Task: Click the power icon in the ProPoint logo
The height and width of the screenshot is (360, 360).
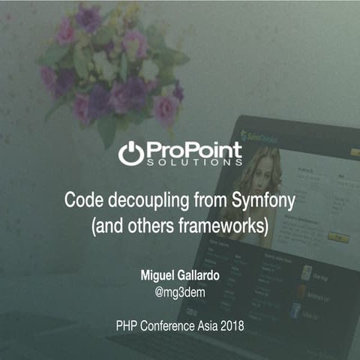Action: point(130,152)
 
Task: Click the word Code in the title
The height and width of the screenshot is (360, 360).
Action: point(81,200)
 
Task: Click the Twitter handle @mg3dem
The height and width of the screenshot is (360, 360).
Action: point(180,292)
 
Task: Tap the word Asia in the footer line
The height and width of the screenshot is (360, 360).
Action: point(203,327)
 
